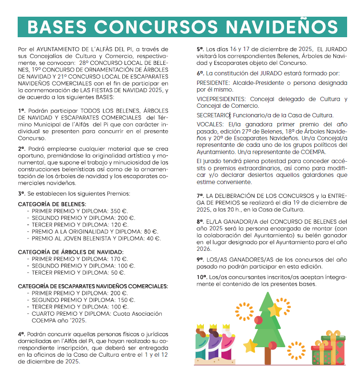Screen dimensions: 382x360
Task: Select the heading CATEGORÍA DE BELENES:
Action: pos(52,204)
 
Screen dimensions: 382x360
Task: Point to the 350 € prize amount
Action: pos(120,210)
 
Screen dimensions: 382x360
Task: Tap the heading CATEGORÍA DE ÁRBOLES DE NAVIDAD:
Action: pos(71,252)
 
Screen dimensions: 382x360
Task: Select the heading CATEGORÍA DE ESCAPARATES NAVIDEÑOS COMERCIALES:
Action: pos(93,286)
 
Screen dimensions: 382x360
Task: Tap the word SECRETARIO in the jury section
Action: pos(212,115)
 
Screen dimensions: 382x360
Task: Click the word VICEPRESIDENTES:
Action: pos(222,99)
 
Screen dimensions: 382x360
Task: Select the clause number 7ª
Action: pos(200,196)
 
